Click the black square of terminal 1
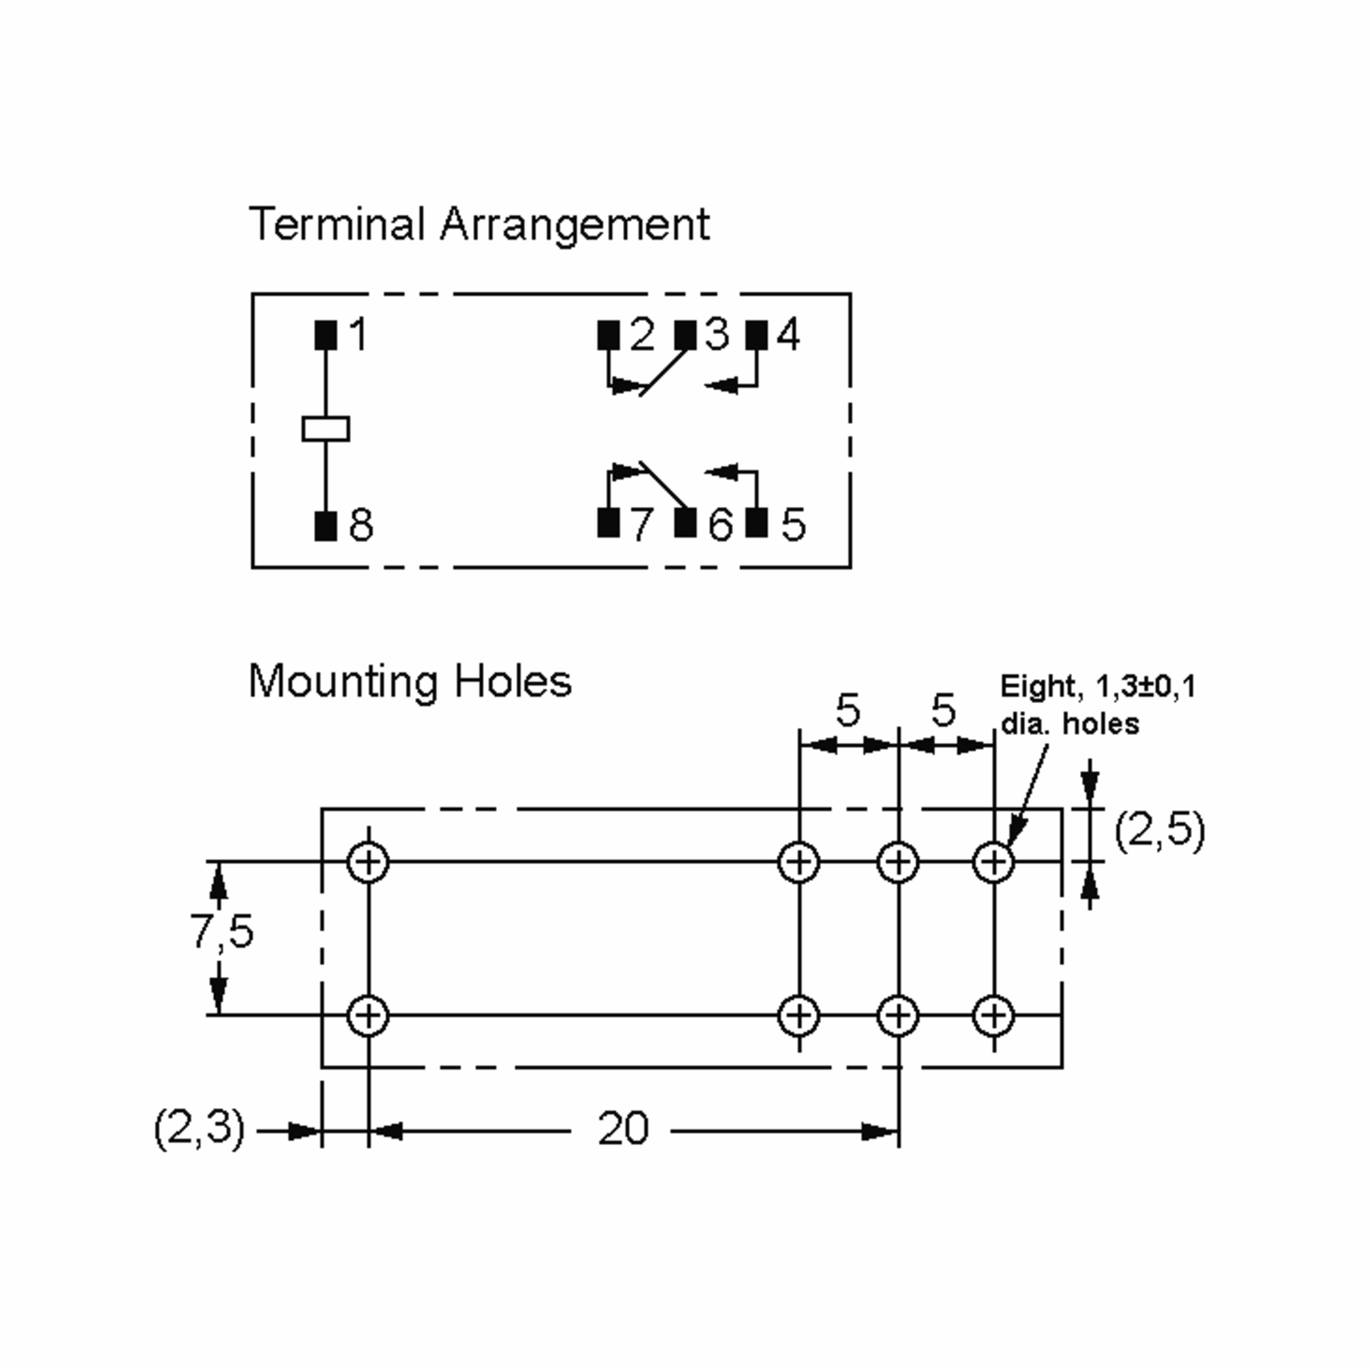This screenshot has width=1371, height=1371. point(326,335)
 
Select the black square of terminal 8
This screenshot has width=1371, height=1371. point(326,526)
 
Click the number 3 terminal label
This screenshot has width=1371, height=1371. point(717,334)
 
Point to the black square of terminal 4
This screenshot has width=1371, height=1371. point(756,335)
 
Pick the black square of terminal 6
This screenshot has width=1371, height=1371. point(685,523)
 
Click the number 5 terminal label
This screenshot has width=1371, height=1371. point(793,525)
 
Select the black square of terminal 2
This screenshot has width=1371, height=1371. point(608,335)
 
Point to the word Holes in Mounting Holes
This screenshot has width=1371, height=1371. point(512,682)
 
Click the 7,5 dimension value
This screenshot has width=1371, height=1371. point(222,931)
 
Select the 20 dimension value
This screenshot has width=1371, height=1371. point(622,1129)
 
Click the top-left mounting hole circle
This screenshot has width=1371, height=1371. point(368,863)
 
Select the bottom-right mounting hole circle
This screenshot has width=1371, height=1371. point(993,1016)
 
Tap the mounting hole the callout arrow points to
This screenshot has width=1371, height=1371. point(993,863)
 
